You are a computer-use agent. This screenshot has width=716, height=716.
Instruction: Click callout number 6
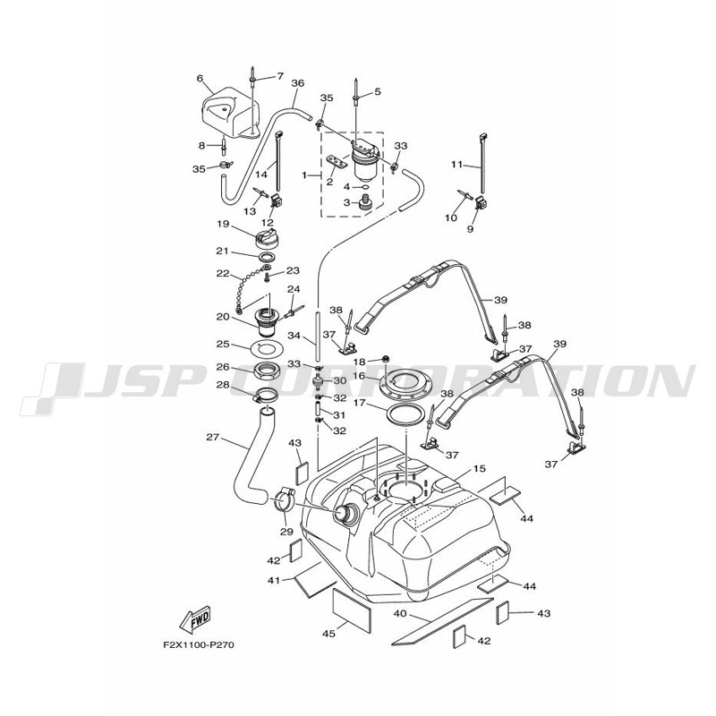[x=200, y=78]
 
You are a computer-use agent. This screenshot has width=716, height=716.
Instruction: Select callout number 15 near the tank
[x=479, y=469]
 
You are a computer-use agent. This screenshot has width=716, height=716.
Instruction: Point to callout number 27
[x=212, y=438]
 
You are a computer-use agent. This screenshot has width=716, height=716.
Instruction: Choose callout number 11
[x=456, y=165]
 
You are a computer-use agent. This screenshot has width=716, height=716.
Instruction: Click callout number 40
[x=399, y=614]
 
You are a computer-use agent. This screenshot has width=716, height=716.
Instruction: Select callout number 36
[x=298, y=83]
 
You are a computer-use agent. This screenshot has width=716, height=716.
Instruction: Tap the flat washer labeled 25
[x=265, y=345]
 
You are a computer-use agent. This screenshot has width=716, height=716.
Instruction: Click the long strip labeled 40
[x=443, y=620]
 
